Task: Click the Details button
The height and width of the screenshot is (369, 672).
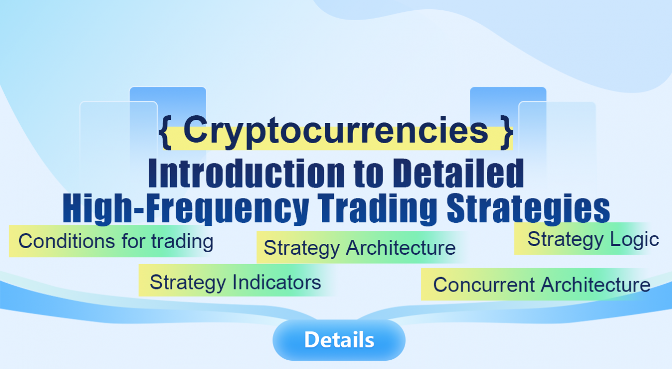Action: [339, 340]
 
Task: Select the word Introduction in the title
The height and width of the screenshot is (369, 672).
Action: [246, 173]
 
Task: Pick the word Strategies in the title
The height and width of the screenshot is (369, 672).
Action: [528, 208]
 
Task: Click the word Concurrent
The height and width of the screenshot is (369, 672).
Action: [484, 285]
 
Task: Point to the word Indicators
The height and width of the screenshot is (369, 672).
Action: [277, 282]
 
